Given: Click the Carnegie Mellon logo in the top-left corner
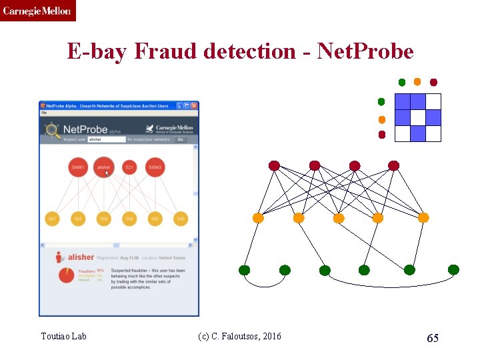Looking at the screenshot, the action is tap(37, 11).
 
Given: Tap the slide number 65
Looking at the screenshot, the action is tap(433, 338).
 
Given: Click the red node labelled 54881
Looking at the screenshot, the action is tap(79, 167).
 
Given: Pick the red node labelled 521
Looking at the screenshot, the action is tap(129, 167).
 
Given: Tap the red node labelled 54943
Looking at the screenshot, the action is tap(155, 167).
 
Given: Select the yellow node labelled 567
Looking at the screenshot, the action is tap(53, 219).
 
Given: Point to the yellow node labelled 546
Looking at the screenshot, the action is tap(180, 219).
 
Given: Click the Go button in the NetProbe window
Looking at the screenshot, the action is tap(180, 139).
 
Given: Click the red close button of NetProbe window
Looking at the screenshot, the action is tap(194, 105).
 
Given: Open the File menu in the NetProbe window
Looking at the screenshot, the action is tap(44, 113).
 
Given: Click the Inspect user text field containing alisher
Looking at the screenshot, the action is tap(107, 139).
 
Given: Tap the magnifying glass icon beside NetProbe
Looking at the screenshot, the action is tap(51, 130).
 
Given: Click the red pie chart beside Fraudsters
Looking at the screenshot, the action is tap(67, 275).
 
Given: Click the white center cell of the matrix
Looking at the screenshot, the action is tap(417, 117).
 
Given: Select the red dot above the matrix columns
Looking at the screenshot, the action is tap(434, 83).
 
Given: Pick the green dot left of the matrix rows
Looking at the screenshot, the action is tap(381, 102).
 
